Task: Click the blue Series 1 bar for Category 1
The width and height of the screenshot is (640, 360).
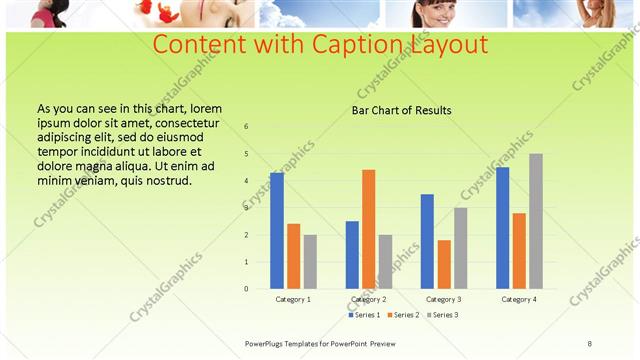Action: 277,231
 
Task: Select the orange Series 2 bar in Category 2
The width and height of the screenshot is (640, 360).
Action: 368,229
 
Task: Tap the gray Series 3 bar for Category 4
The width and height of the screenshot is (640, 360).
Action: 536,221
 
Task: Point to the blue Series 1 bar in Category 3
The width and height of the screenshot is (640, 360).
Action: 427,241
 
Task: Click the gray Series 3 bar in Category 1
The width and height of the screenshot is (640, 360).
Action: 310,262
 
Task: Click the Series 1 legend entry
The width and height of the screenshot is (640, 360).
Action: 363,315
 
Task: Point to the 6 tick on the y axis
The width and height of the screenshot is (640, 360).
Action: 247,127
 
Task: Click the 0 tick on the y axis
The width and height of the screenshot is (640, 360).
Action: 247,289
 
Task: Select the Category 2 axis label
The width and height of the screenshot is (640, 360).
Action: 368,299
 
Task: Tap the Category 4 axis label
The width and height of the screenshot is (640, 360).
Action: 519,299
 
